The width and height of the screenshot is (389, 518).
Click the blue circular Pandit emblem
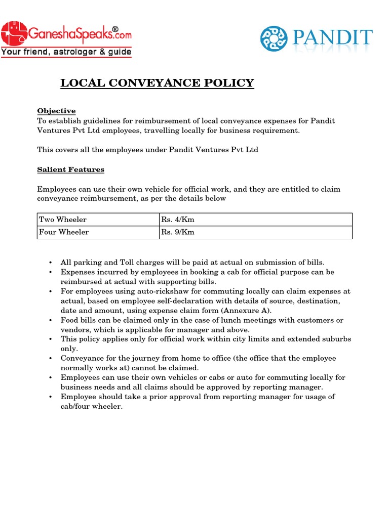coord(276,39)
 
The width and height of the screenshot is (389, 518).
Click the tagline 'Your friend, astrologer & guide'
coord(66,52)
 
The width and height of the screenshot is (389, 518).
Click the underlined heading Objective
coord(56,111)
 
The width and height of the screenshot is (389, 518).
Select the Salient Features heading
coord(70,169)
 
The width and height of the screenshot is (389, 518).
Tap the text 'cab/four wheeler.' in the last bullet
coord(92,407)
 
